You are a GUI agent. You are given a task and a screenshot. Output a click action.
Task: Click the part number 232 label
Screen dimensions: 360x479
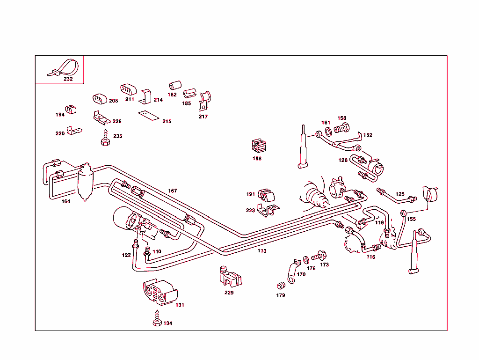68,79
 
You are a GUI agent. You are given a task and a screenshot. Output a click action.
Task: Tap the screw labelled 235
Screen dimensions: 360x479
105,139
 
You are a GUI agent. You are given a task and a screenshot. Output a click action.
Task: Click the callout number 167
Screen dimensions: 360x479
173,191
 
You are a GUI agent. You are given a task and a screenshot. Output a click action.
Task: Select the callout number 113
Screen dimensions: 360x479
261,251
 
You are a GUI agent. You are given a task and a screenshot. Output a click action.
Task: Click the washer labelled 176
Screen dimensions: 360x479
306,259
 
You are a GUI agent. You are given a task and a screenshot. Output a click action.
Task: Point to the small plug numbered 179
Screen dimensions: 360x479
282,286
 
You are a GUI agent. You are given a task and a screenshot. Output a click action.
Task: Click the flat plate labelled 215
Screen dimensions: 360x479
149,115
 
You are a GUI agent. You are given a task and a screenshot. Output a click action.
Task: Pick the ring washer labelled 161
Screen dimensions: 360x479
328,130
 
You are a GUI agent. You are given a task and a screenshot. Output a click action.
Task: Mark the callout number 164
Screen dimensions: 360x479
66,201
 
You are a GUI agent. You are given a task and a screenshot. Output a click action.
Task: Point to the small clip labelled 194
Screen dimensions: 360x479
71,110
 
